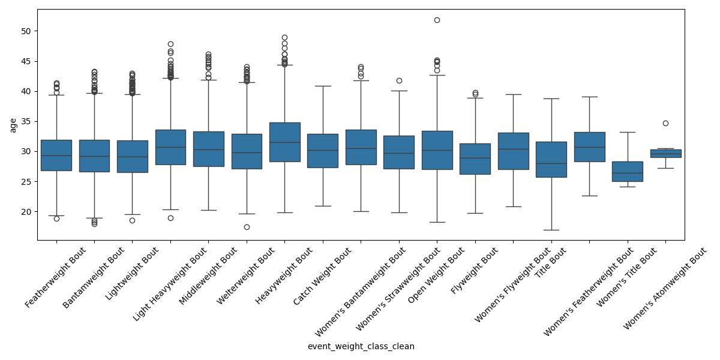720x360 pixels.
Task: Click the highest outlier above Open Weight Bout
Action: (x=437, y=20)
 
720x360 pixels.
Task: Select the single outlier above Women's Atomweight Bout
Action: (x=665, y=123)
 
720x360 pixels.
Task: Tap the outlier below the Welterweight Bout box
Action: (x=247, y=227)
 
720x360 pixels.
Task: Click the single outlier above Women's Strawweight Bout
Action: (x=399, y=80)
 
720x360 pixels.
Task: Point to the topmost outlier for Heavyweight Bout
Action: (x=284, y=38)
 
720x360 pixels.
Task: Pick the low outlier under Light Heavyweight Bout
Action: (x=170, y=218)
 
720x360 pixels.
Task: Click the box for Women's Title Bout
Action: (x=628, y=171)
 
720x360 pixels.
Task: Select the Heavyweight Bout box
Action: (x=284, y=142)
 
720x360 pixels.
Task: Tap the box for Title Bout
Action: (x=551, y=159)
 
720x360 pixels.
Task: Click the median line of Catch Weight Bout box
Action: (x=323, y=150)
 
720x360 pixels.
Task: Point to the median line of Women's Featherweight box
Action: (x=589, y=147)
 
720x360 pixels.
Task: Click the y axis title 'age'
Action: (x=13, y=125)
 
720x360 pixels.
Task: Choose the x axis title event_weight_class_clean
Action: (x=361, y=346)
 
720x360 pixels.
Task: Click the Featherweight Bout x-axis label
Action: (x=56, y=278)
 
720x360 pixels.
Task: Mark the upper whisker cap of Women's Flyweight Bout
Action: (x=513, y=94)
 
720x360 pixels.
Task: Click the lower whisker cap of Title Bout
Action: (x=551, y=230)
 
